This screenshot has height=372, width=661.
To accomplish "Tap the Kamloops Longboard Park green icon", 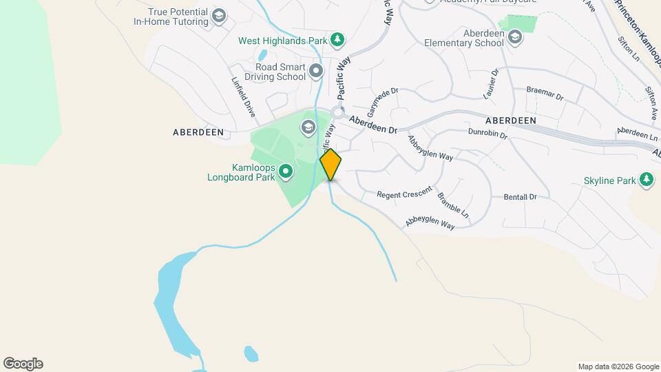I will pyautogui.click(x=286, y=171).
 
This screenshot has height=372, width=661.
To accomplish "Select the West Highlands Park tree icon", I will pyautogui.click(x=337, y=40).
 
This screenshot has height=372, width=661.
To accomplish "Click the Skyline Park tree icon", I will pyautogui.click(x=646, y=180).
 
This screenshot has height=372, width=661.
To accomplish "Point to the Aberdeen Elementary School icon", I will pyautogui.click(x=515, y=38).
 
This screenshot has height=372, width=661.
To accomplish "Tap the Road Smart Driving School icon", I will pyautogui.click(x=316, y=71).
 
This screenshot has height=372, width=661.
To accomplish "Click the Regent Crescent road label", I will pyautogui.click(x=404, y=192).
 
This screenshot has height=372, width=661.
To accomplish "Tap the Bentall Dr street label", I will pyautogui.click(x=520, y=197).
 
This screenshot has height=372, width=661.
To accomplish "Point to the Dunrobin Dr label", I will pyautogui.click(x=487, y=133).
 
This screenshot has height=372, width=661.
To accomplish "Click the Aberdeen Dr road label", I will pyautogui.click(x=373, y=125).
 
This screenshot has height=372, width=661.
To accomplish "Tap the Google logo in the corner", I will pyautogui.click(x=23, y=364).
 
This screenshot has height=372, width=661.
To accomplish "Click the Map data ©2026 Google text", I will pyautogui.click(x=618, y=366).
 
